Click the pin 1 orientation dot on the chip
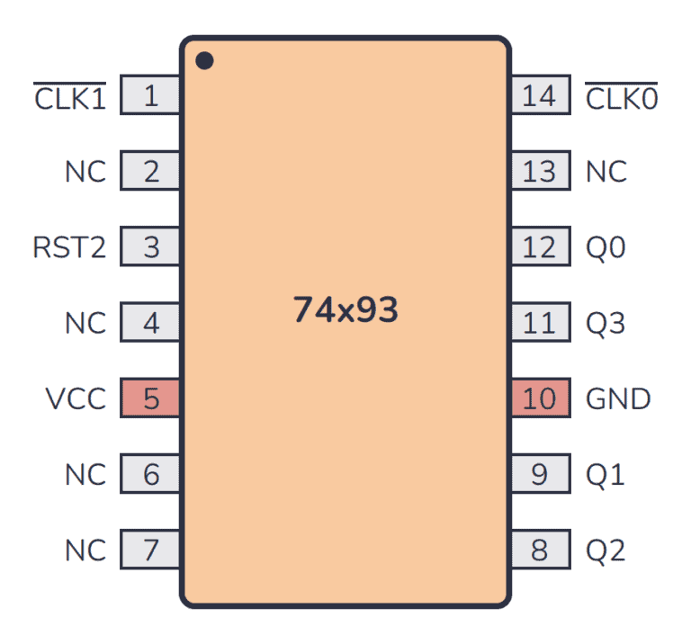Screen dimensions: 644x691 coord(205,61)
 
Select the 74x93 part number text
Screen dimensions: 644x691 coord(345,310)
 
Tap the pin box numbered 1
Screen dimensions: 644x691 coord(150,95)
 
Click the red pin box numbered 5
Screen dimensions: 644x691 coord(150,398)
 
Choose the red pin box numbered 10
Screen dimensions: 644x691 coord(540,398)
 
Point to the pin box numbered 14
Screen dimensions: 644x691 coord(540,95)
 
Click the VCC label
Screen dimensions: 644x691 coord(76,398)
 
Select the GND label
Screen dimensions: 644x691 coord(618,398)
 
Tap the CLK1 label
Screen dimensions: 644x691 coord(70,97)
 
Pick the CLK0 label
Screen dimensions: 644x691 coord(622,97)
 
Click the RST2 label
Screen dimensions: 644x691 coord(69,247)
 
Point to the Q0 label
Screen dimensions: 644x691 coord(606,247)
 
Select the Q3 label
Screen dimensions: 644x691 coord(606,323)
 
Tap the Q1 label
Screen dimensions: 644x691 coord(605,474)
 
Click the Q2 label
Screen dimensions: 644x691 coord(606,550)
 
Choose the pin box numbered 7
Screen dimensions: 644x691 coord(150,549)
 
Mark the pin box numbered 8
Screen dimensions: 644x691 coord(540,549)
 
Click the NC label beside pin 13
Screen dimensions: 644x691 coord(606,172)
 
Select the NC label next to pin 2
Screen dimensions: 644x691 coord(85,172)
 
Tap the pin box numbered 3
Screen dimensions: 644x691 coord(150,246)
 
